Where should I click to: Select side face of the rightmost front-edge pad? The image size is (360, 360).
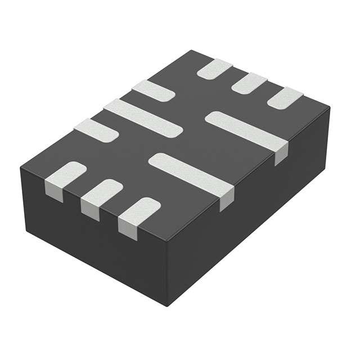point(127,227)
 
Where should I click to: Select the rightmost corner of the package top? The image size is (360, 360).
point(329,107)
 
